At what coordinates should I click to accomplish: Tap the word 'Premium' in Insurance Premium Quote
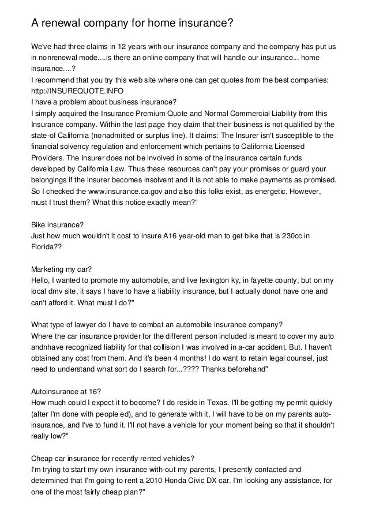pyautogui.click(x=154, y=114)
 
